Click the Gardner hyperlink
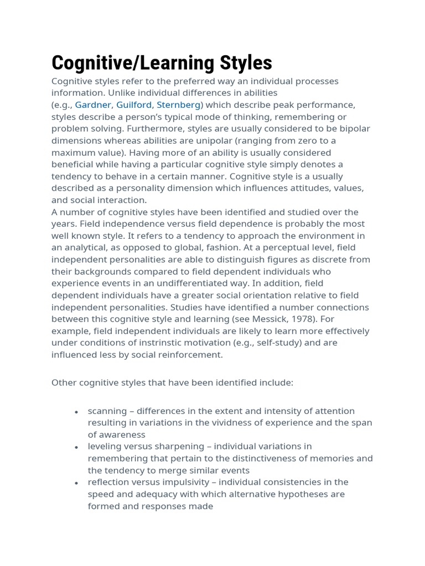coord(94,104)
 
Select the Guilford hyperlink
coord(134,104)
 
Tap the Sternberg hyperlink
coord(178,104)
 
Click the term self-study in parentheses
coord(282,343)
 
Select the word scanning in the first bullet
coord(107,411)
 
